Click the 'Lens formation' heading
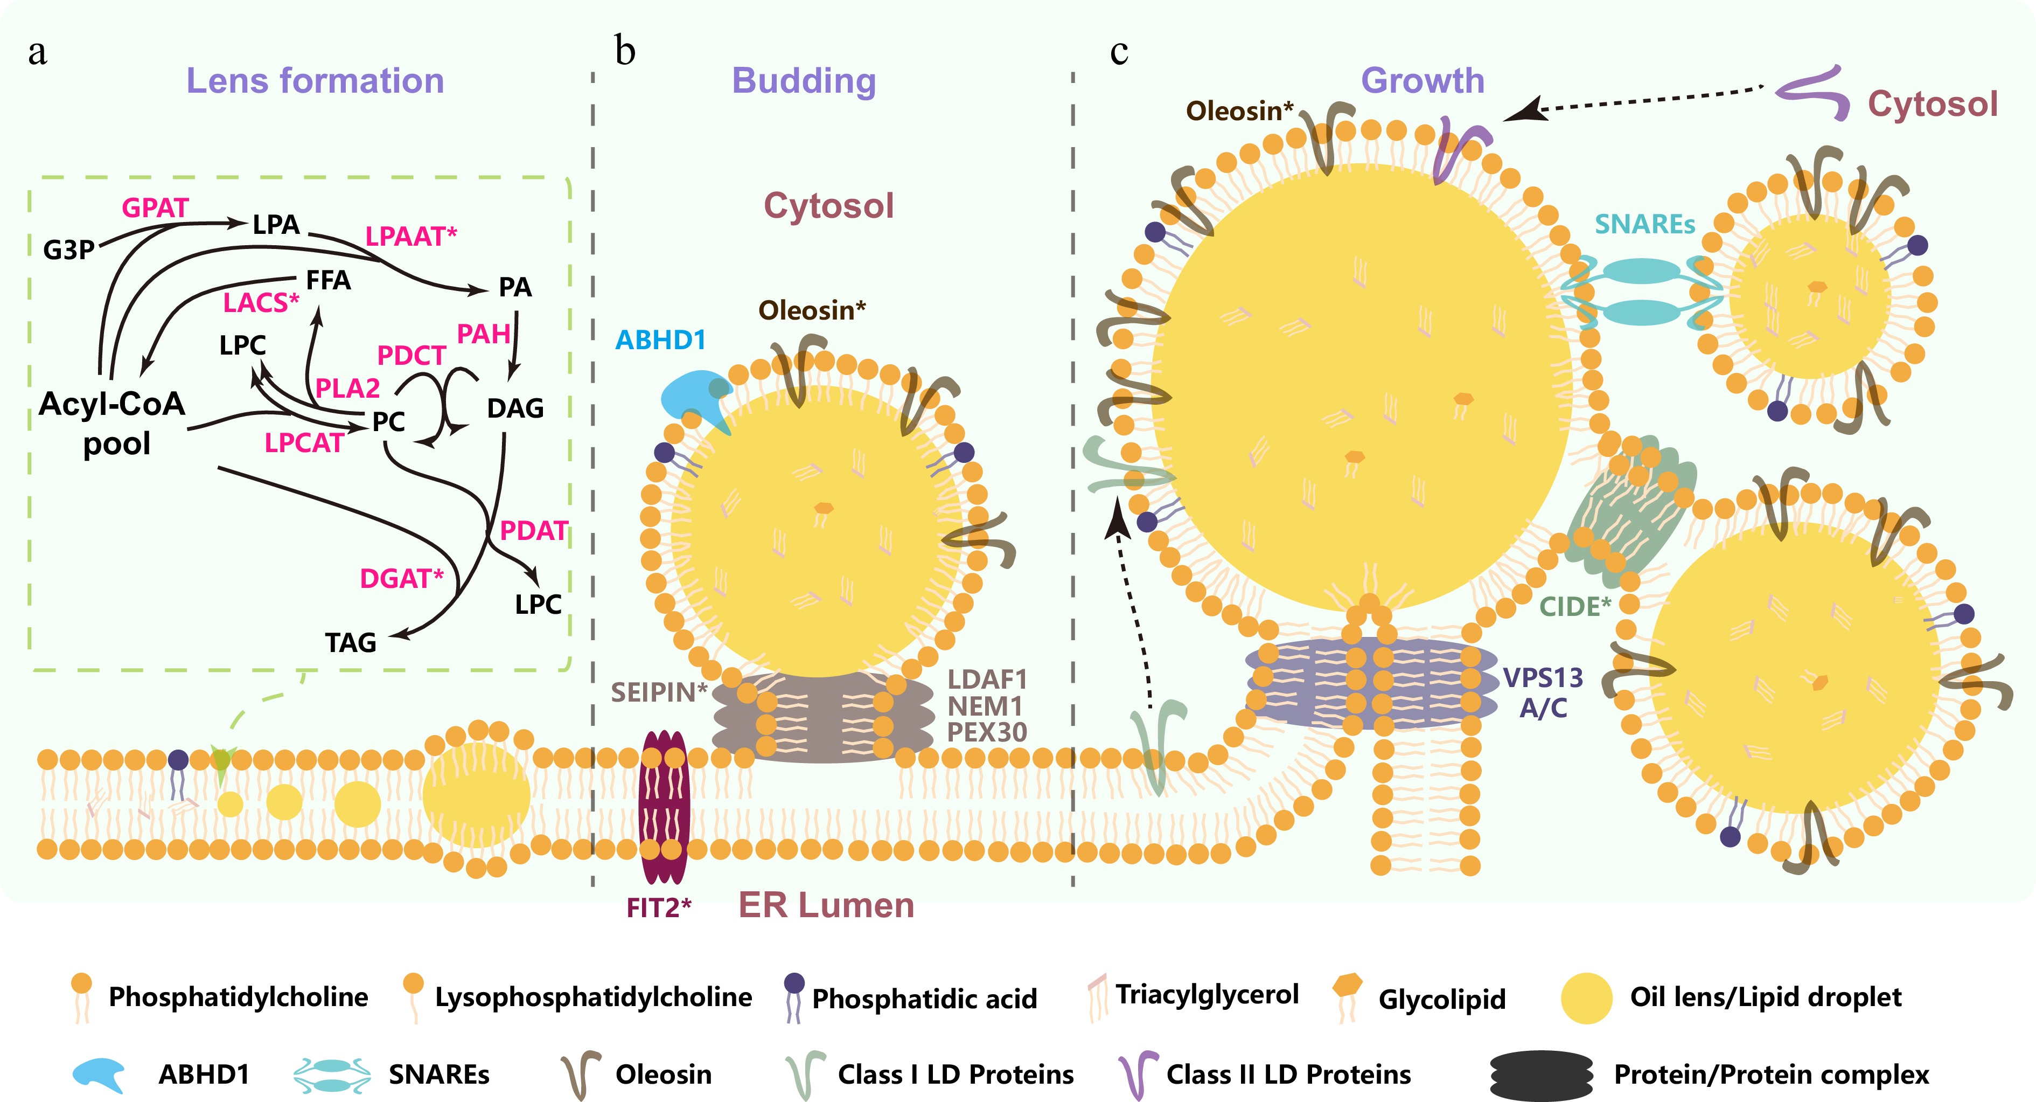pos(315,81)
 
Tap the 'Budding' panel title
pos(804,81)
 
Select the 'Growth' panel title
pos(1422,81)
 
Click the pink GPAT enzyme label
pos(155,208)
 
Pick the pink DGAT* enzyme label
pos(401,579)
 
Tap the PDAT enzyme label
pos(533,530)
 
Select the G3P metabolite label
pos(69,250)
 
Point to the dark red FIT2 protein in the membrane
pos(663,806)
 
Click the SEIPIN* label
pos(658,692)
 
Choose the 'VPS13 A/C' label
pos(1543,692)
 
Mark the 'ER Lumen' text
pos(826,905)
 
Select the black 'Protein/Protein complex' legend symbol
pos(1541,1075)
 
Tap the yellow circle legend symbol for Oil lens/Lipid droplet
pos(1586,997)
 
